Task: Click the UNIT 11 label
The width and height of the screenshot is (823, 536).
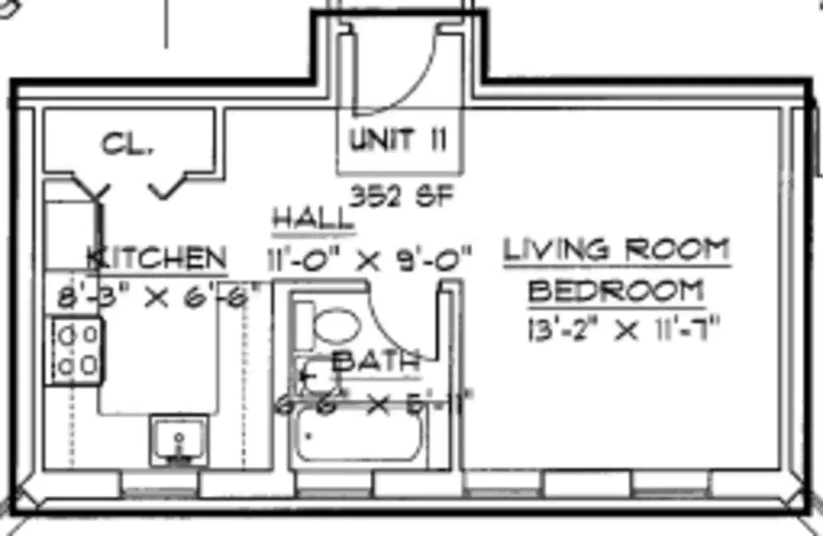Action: click(398, 140)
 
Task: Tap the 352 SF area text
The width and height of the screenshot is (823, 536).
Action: click(403, 196)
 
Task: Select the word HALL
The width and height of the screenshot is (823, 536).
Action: click(313, 220)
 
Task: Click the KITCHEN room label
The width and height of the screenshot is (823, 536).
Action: click(158, 259)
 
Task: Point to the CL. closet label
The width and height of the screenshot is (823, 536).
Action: click(127, 144)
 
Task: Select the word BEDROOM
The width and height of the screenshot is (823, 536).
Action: click(616, 291)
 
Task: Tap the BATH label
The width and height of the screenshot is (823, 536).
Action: click(376, 362)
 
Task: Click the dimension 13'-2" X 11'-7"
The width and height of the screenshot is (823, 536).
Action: click(623, 330)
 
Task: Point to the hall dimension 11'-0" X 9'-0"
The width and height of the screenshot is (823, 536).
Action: click(369, 259)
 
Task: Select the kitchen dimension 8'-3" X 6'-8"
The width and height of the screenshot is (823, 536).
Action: click(157, 297)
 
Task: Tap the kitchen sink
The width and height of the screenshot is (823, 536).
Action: click(178, 440)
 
